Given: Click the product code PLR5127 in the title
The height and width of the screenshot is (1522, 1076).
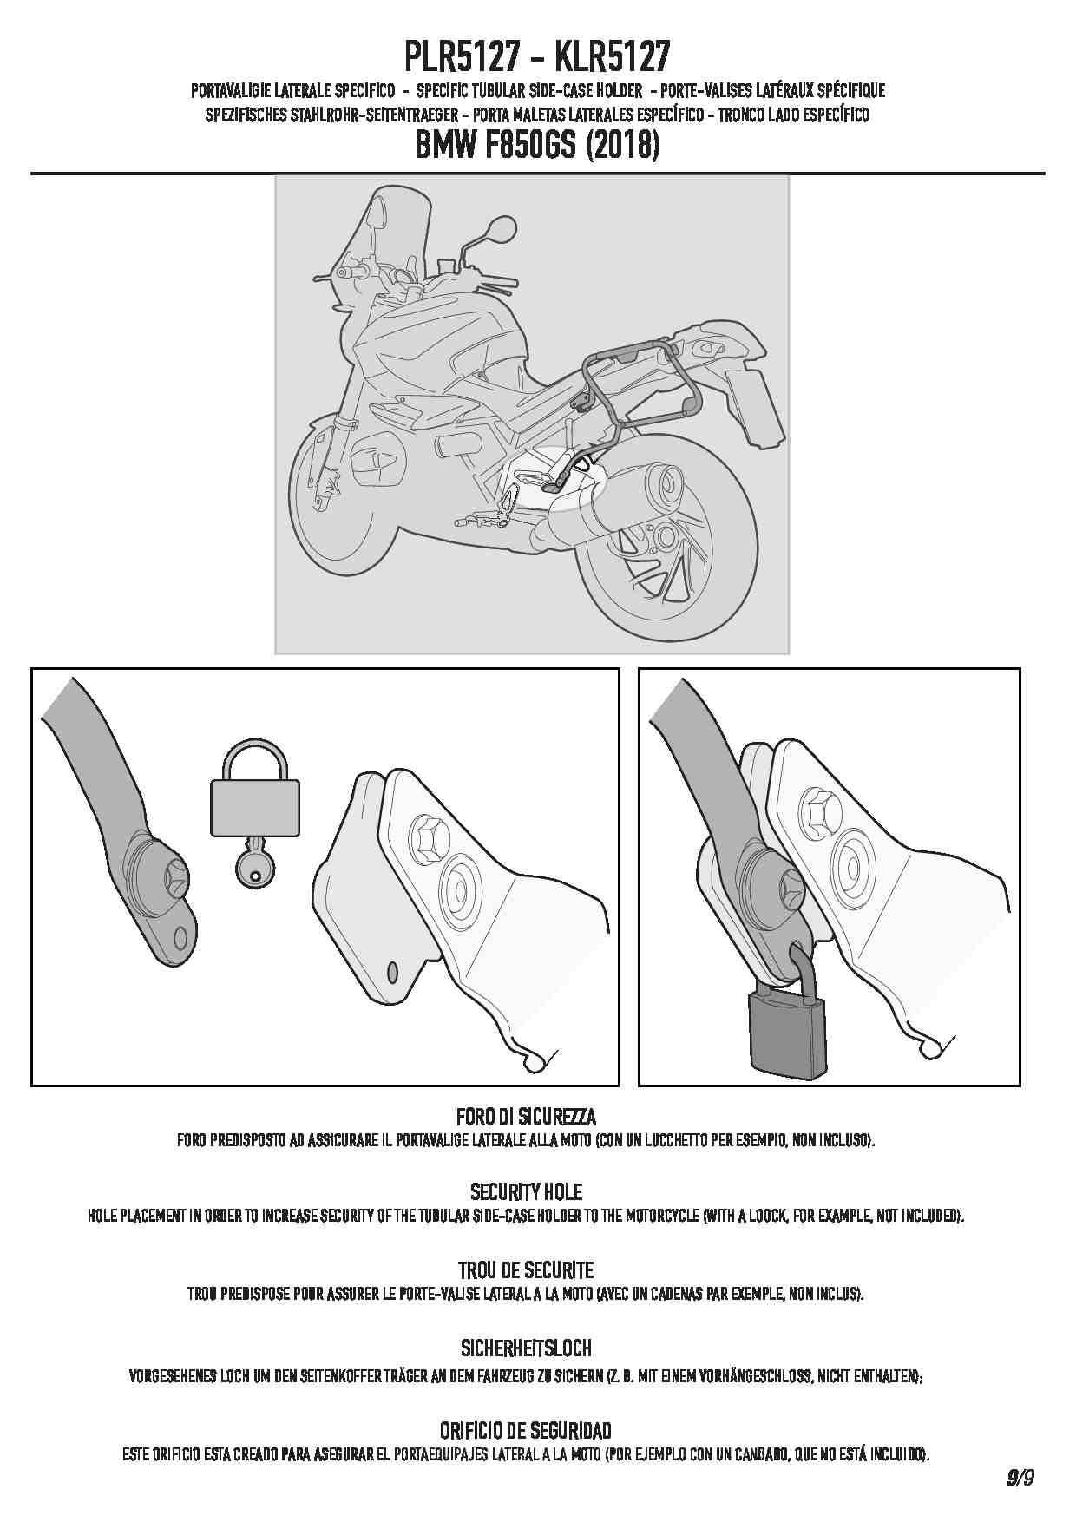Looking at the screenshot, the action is [463, 57].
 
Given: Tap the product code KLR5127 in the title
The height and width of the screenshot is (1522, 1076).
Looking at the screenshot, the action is [612, 57].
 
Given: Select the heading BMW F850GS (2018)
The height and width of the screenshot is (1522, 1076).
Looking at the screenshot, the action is [538, 145].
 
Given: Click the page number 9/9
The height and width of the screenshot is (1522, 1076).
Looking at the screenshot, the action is [1020, 1476].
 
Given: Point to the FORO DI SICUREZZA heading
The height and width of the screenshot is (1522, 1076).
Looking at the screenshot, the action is [526, 1116].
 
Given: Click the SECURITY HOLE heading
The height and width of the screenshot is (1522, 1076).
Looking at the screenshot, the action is [526, 1191].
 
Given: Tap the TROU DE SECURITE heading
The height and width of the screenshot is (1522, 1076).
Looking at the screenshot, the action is [526, 1270].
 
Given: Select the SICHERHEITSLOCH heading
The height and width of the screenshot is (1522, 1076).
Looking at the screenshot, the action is [526, 1348].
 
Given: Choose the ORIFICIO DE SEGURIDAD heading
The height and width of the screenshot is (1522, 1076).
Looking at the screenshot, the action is [526, 1430].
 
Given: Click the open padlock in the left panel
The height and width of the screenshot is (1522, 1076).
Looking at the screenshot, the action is [255, 787].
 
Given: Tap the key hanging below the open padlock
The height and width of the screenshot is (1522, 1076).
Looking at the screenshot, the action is [254, 863].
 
